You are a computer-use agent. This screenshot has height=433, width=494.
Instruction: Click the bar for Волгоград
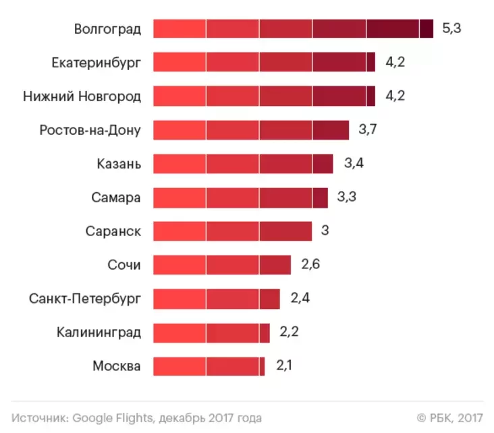293,29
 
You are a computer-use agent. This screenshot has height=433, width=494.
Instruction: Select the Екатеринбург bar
264,63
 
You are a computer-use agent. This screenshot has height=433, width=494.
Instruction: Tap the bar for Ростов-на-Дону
251,130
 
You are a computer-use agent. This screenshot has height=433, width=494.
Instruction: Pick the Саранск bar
232,231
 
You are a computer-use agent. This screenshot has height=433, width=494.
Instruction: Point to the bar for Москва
209,366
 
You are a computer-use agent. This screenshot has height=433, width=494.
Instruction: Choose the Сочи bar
222,265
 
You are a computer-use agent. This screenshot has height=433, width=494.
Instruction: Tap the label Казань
119,164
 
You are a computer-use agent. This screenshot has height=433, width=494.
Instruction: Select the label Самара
116,198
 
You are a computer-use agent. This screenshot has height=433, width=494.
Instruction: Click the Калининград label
99,333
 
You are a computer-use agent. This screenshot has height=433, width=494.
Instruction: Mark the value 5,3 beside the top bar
451,29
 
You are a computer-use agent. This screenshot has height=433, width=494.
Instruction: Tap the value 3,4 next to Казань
354,164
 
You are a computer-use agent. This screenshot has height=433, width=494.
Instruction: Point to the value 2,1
285,366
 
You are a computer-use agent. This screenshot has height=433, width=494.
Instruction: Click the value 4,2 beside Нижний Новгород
395,96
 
